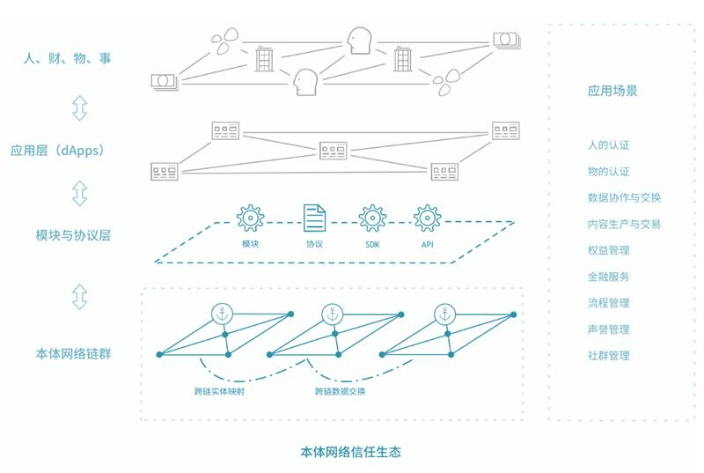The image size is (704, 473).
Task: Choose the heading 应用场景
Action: (612, 90)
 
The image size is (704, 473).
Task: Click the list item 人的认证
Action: (608, 144)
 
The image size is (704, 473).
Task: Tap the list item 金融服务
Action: (608, 277)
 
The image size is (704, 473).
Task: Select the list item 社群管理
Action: (608, 356)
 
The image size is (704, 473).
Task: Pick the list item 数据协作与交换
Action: (624, 197)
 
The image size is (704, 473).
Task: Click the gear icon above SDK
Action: (371, 217)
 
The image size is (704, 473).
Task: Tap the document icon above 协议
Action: (314, 217)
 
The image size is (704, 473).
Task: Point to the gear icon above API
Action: (427, 217)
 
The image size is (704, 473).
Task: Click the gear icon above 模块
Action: (251, 217)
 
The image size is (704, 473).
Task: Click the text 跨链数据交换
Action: (341, 390)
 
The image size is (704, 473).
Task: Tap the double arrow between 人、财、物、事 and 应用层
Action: (80, 107)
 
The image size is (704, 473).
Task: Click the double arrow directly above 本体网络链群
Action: (80, 297)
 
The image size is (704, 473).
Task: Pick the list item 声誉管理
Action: (608, 329)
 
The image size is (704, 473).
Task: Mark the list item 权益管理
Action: (608, 250)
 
